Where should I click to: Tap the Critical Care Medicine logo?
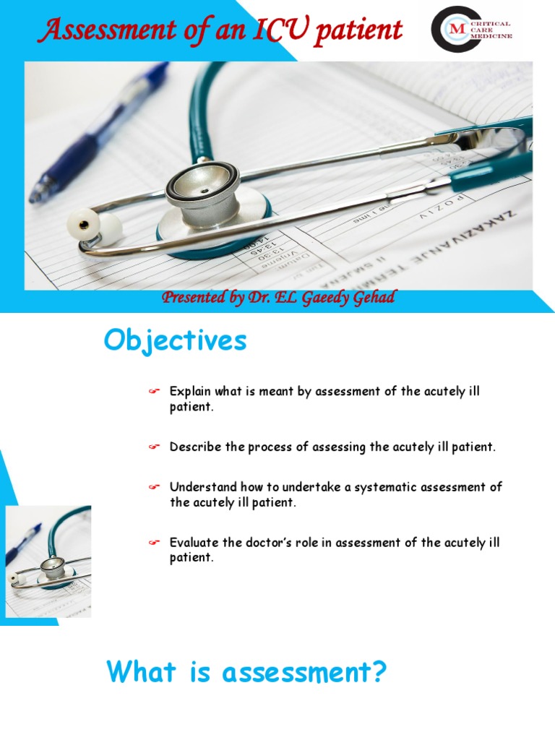[471, 30]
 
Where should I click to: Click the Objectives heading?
[175, 341]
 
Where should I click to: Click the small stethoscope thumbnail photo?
[48, 562]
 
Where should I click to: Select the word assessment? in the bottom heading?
[304, 673]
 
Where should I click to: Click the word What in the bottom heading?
[140, 673]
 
